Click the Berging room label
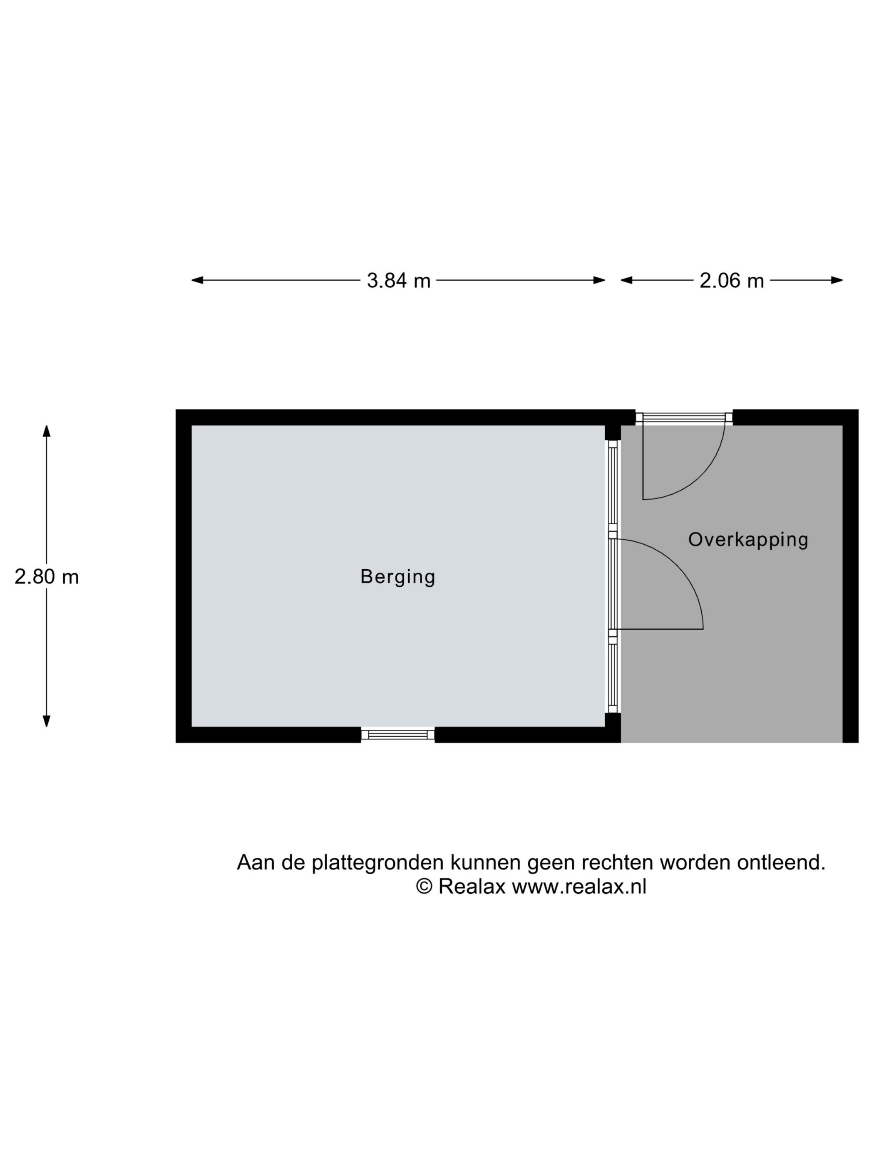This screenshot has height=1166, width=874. click(x=398, y=577)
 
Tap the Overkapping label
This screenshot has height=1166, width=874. click(x=748, y=540)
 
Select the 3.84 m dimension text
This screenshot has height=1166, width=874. click(x=399, y=280)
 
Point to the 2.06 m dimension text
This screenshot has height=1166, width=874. click(x=732, y=280)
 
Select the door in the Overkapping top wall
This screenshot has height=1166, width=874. click(x=684, y=418)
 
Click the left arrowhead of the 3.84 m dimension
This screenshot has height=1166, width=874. click(x=197, y=280)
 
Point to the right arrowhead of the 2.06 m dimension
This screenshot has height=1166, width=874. click(x=837, y=280)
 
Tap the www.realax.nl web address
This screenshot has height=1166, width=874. click(x=579, y=887)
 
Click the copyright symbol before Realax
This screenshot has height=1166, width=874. click(x=424, y=886)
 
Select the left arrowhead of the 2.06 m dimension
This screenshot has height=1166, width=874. click(x=626, y=280)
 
